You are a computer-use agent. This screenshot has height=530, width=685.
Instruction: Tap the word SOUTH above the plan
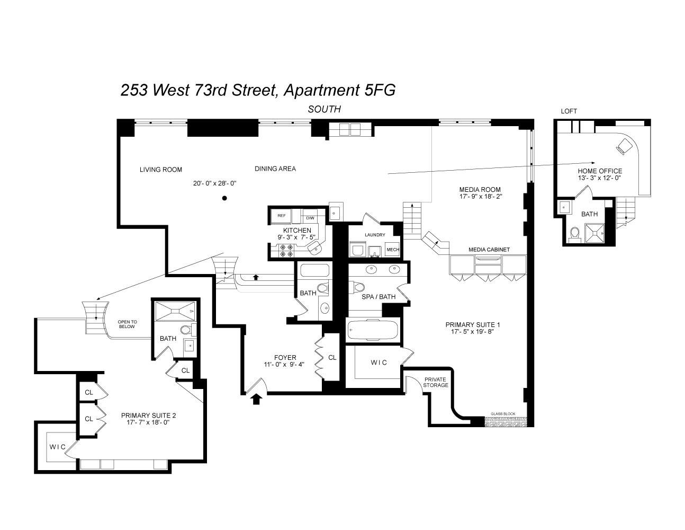point(325,109)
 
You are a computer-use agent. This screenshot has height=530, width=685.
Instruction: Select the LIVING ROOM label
point(161,170)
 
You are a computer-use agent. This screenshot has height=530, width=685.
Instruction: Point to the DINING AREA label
point(275,169)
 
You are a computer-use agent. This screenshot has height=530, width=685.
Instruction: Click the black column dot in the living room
point(224,198)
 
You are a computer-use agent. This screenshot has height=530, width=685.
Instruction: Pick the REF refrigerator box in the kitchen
point(282,216)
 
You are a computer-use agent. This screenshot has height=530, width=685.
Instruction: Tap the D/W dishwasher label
point(310,218)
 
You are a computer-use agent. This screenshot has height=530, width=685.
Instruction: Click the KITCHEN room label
point(297,231)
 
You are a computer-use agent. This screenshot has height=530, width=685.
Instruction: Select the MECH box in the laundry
point(392,250)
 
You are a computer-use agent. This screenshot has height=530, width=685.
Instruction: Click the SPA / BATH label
point(378,297)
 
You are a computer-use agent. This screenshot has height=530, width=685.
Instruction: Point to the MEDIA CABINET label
point(489,250)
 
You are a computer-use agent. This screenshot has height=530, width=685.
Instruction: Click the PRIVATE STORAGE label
point(436,382)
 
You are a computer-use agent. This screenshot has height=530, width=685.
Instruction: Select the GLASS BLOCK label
point(503,414)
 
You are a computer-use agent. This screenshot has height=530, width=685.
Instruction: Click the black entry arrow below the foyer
point(256,399)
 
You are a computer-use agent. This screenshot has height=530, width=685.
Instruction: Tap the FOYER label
point(285,357)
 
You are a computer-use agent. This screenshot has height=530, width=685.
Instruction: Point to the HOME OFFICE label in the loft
point(600,171)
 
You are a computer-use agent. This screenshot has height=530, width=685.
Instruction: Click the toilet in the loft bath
point(573,233)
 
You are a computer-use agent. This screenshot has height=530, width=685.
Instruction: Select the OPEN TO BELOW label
point(127,324)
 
